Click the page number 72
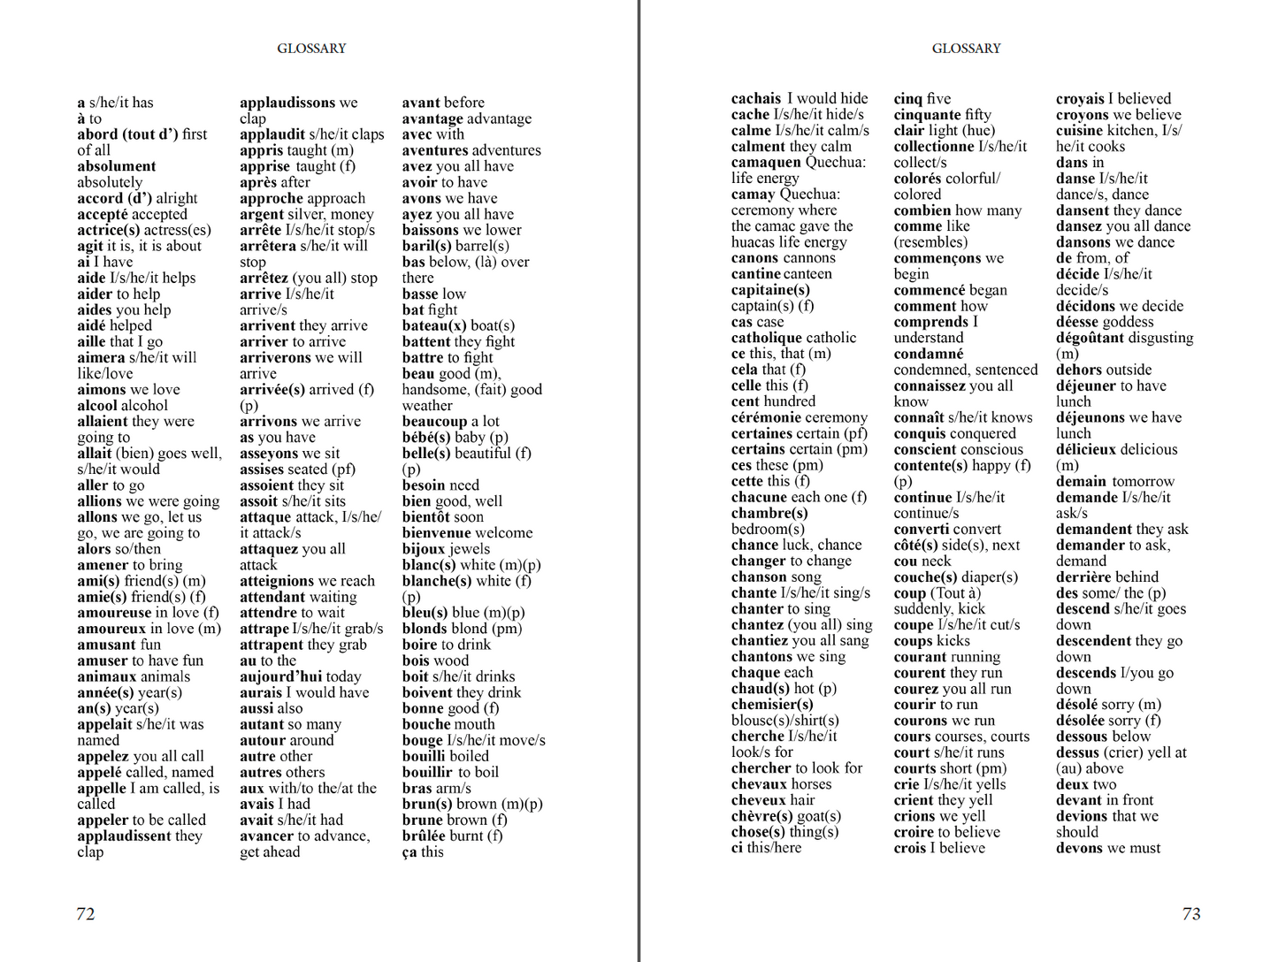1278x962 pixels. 86,913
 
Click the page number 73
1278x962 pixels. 1191,913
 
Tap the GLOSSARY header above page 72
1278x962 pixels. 311,49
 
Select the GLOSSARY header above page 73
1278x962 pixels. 966,49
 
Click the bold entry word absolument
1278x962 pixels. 116,166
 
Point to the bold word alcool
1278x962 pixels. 97,406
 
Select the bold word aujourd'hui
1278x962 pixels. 280,676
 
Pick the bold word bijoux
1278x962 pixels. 422,549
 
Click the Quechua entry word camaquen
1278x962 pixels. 766,163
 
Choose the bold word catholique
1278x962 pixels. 768,338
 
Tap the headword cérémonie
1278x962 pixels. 769,417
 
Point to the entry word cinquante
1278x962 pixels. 927,115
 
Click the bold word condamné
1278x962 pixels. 928,354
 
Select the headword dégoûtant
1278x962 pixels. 1093,338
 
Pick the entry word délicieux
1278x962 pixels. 1092,449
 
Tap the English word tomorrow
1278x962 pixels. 1143,481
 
